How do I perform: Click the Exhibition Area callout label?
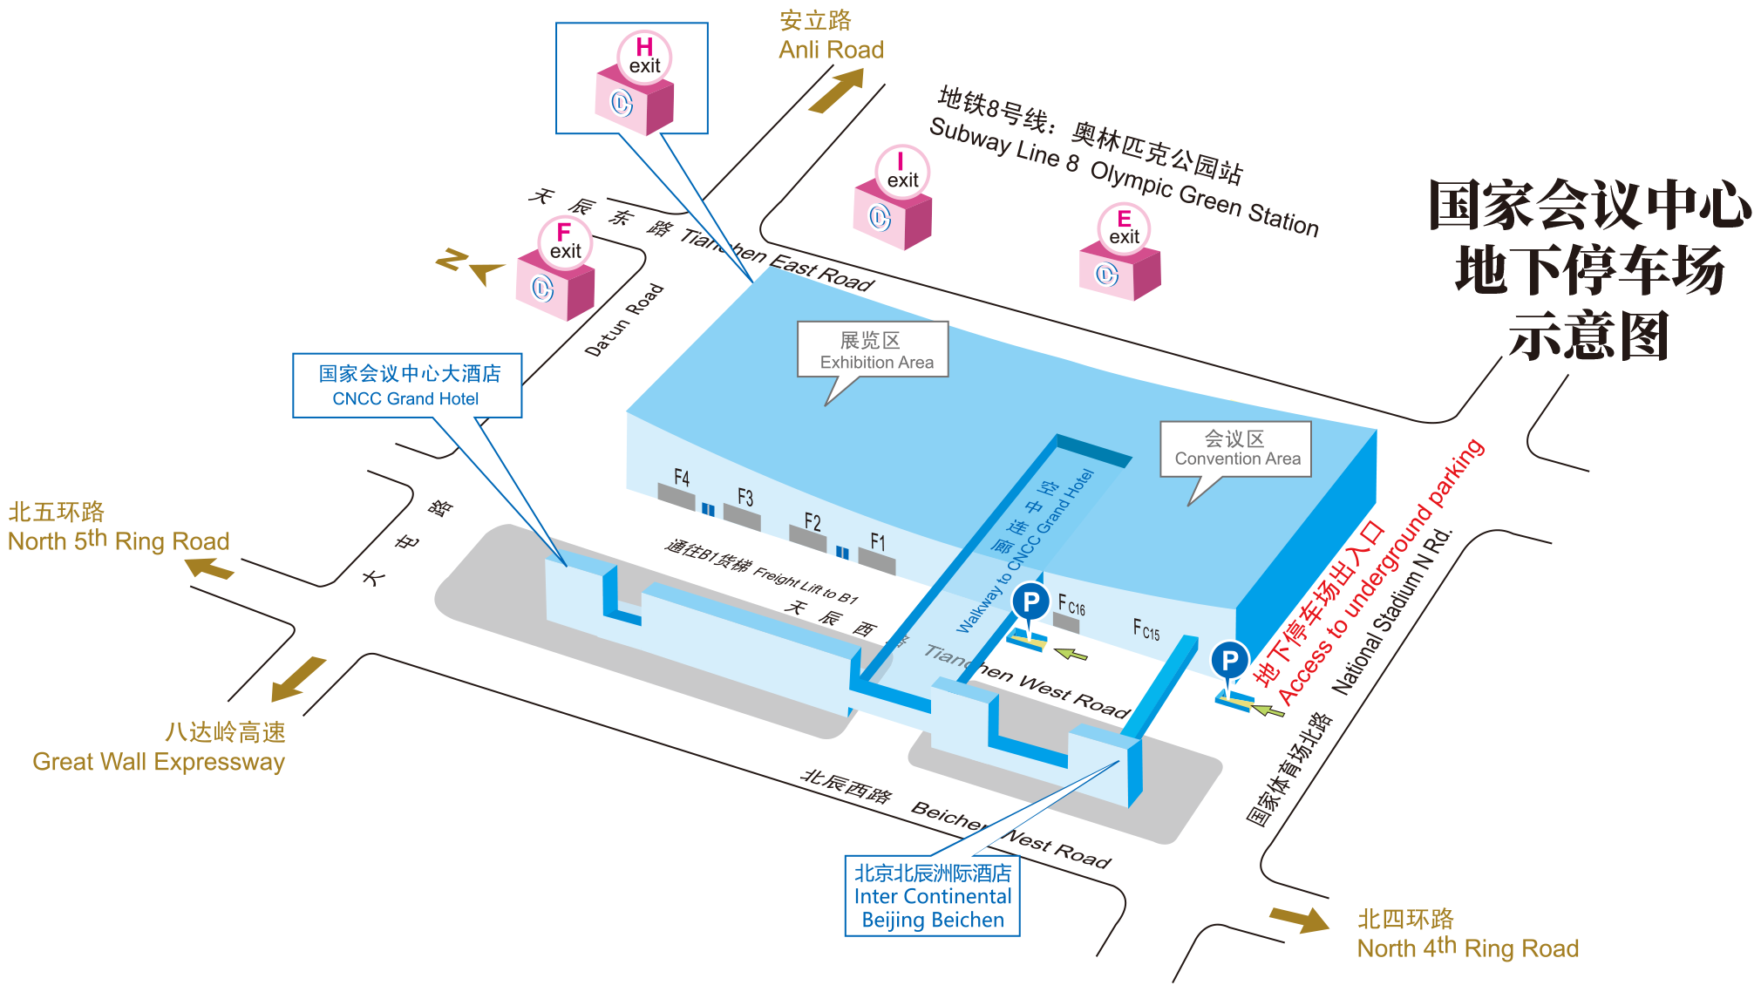[x=873, y=350]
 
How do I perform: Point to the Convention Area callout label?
[x=1235, y=449]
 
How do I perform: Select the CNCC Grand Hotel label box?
[x=407, y=385]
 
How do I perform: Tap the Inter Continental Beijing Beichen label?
[x=932, y=896]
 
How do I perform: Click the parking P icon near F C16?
[x=1030, y=601]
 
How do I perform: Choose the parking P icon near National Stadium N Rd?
[x=1229, y=660]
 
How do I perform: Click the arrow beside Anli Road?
[x=837, y=91]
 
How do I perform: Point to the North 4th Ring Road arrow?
[x=1300, y=919]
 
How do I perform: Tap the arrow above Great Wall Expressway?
[x=297, y=679]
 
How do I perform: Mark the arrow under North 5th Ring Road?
[x=209, y=568]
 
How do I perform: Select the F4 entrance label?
[x=682, y=478]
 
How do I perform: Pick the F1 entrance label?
[x=878, y=542]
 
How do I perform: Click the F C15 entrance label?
[x=1146, y=628]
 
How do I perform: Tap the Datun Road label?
[x=624, y=320]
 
